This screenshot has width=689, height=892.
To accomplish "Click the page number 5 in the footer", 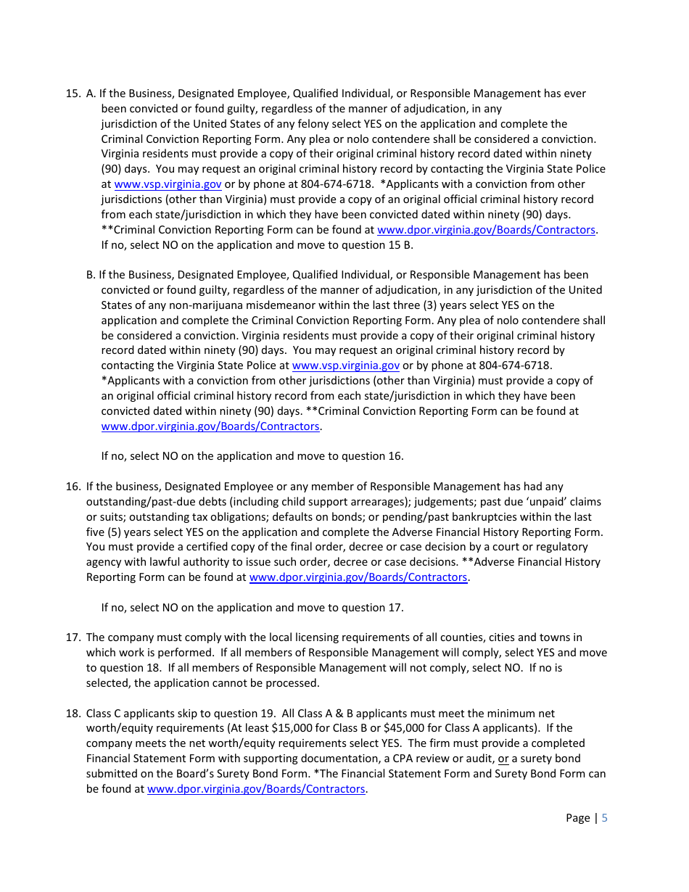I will [x=605, y=818].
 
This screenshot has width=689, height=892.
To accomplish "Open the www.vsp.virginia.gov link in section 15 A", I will [x=168, y=184].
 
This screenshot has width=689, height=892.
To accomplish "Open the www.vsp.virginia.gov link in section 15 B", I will [x=345, y=366].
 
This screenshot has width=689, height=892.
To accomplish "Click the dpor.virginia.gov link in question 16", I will [x=358, y=577].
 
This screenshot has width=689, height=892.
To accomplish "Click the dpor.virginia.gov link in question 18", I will [x=256, y=789].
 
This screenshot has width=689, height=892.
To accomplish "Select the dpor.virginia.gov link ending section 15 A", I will [x=486, y=230].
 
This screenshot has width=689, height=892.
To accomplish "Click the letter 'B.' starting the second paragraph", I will [x=91, y=275].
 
